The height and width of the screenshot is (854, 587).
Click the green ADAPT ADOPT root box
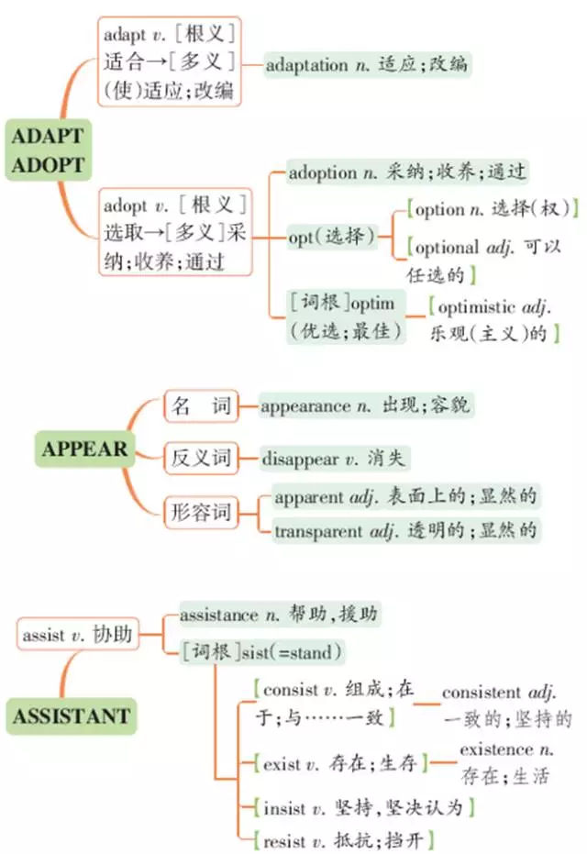(48, 150)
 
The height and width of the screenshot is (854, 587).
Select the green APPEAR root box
(84, 449)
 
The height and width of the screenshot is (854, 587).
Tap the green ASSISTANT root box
(72, 716)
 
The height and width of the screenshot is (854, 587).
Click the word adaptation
(306, 66)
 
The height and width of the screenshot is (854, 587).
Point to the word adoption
(323, 173)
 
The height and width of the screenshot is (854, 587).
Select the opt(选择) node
(332, 237)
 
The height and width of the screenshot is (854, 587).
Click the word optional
(447, 249)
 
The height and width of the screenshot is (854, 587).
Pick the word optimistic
(476, 307)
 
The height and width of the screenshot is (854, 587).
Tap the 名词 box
(202, 405)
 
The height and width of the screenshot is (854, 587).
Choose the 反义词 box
(202, 458)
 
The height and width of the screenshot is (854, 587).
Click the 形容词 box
(202, 512)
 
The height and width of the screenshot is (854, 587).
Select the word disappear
(300, 460)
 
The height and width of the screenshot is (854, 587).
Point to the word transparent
(318, 531)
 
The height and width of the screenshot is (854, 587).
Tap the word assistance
(219, 616)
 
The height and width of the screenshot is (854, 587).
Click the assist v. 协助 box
(78, 635)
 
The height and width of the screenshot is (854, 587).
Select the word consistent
(482, 693)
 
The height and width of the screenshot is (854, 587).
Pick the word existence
(496, 750)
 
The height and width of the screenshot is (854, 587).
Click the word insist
(284, 808)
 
